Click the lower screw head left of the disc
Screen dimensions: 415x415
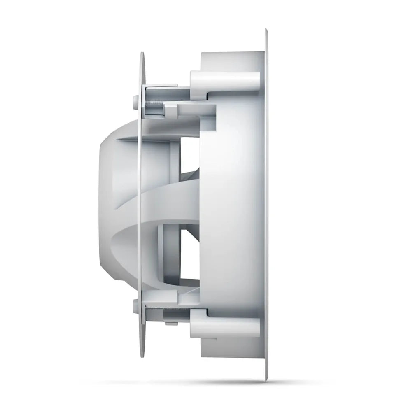[x=135, y=305]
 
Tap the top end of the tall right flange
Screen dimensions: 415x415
[x=266, y=30]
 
